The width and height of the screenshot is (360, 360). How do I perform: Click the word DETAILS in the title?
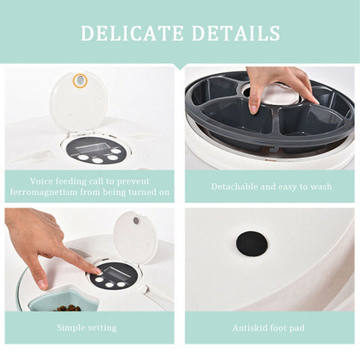(x=240, y=33)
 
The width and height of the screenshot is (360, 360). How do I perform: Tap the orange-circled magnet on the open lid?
(x=79, y=80)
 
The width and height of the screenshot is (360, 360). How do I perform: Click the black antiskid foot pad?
(x=251, y=244)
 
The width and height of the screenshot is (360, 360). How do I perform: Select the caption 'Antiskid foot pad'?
(x=269, y=328)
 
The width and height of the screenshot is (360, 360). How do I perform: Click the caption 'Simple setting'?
(x=87, y=328)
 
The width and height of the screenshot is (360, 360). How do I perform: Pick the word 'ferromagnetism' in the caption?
(x=44, y=192)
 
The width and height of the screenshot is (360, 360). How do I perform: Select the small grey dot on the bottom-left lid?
(x=136, y=220)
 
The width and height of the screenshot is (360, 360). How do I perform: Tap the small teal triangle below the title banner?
(x=180, y=66)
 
